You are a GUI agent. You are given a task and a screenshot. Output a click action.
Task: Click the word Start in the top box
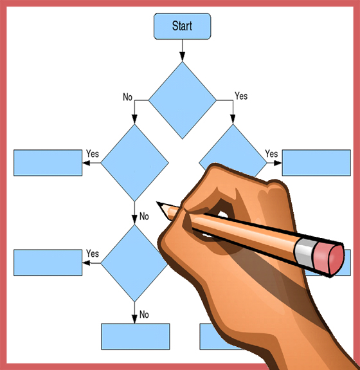[182, 26]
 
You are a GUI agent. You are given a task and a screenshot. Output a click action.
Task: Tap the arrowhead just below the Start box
[182, 57]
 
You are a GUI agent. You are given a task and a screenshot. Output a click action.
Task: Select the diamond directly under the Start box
[182, 100]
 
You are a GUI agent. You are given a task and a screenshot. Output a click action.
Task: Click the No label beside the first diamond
[127, 97]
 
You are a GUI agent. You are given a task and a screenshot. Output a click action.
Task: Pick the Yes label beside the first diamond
[241, 96]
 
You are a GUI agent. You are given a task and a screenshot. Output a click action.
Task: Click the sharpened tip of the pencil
[157, 203]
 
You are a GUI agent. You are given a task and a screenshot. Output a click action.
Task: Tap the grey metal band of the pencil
[303, 253]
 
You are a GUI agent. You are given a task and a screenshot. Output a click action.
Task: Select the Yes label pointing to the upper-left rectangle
[93, 154]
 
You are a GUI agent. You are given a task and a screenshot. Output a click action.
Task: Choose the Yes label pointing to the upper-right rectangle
[271, 154]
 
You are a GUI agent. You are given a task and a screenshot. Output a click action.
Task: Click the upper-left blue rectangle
[48, 163]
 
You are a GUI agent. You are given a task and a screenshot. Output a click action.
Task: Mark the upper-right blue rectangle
[316, 163]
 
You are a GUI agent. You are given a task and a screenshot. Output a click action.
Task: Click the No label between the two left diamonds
[144, 216]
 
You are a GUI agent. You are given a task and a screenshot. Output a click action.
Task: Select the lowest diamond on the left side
[134, 263]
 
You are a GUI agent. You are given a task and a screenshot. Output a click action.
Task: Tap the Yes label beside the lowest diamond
[93, 254]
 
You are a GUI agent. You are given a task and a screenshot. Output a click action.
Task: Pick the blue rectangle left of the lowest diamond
[48, 263]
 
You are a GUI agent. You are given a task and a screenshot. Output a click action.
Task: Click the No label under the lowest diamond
[144, 315]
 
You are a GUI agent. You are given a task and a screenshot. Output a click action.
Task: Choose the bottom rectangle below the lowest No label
[136, 337]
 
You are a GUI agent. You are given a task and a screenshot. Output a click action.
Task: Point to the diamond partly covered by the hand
[233, 151]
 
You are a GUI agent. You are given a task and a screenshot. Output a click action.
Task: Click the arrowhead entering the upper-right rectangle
[278, 163]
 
